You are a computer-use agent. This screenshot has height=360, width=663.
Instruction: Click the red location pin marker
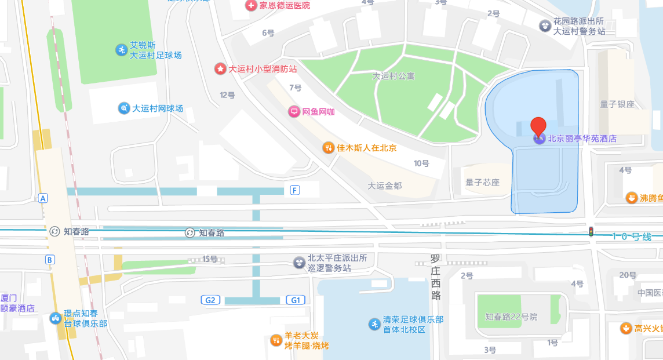[x=539, y=126]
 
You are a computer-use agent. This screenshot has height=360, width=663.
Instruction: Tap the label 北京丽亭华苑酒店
[x=582, y=139]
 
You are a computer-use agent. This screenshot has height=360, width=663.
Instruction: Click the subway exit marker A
[x=43, y=198]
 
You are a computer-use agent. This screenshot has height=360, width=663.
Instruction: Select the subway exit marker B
[x=50, y=259]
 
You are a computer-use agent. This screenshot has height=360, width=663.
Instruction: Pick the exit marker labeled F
[x=295, y=190]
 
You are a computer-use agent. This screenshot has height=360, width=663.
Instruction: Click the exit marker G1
[x=295, y=300]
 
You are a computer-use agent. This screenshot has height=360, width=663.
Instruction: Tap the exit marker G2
[x=210, y=300]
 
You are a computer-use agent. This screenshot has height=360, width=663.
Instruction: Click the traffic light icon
[x=591, y=231]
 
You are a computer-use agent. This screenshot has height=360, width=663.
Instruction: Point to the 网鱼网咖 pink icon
[x=294, y=112]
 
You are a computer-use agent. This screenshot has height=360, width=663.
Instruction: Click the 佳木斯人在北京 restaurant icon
[x=329, y=148]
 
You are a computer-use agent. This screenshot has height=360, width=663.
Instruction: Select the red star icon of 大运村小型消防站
[x=220, y=69]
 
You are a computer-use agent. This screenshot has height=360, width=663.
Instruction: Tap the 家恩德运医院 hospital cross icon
[x=250, y=6]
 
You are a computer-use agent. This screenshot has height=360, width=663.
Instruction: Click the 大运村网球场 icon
[x=124, y=108]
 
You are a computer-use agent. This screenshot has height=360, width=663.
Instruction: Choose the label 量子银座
[x=617, y=104]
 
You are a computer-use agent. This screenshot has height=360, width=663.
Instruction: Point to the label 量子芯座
[x=482, y=182]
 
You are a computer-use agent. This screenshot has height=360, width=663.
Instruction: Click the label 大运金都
[x=385, y=186]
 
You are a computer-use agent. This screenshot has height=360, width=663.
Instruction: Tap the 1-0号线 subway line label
[x=632, y=237]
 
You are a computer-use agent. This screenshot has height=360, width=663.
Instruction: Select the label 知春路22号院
[x=511, y=317]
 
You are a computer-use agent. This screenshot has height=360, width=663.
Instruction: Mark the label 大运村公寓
[x=394, y=76]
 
